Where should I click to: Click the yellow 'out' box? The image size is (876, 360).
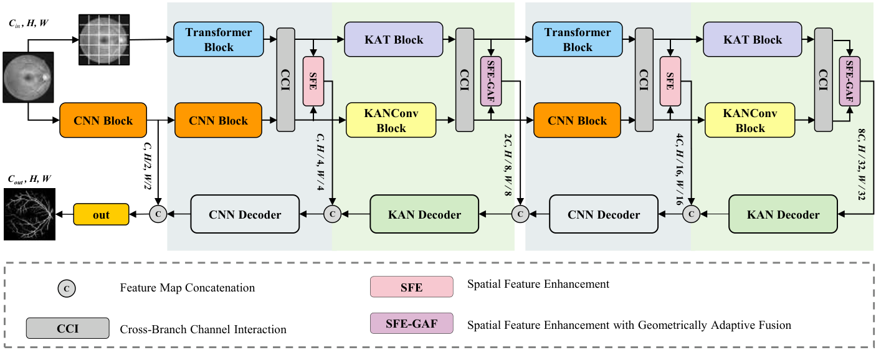click(x=101, y=215)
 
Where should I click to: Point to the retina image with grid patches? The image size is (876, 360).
click(x=103, y=40)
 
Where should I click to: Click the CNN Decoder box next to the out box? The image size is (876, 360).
click(x=245, y=215)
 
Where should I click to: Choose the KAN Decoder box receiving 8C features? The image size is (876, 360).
click(x=783, y=215)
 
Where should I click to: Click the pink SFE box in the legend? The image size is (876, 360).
click(x=411, y=287)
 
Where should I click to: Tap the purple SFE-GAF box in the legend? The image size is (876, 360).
click(x=411, y=324)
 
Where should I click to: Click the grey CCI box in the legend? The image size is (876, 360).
click(x=67, y=328)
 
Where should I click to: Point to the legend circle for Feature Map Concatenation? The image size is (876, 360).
click(x=67, y=288)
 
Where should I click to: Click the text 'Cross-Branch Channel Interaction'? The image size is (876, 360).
click(x=202, y=329)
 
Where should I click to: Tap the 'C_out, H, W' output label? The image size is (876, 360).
click(x=29, y=179)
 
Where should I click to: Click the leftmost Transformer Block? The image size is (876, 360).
click(x=219, y=40)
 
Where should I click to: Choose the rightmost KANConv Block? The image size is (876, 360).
click(x=750, y=120)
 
